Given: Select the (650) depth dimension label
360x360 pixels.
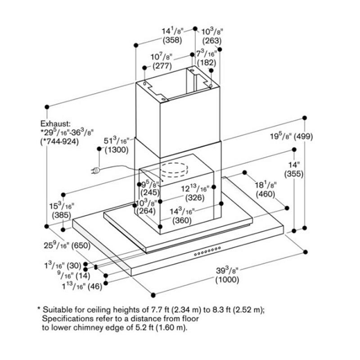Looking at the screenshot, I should (x=81, y=246).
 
